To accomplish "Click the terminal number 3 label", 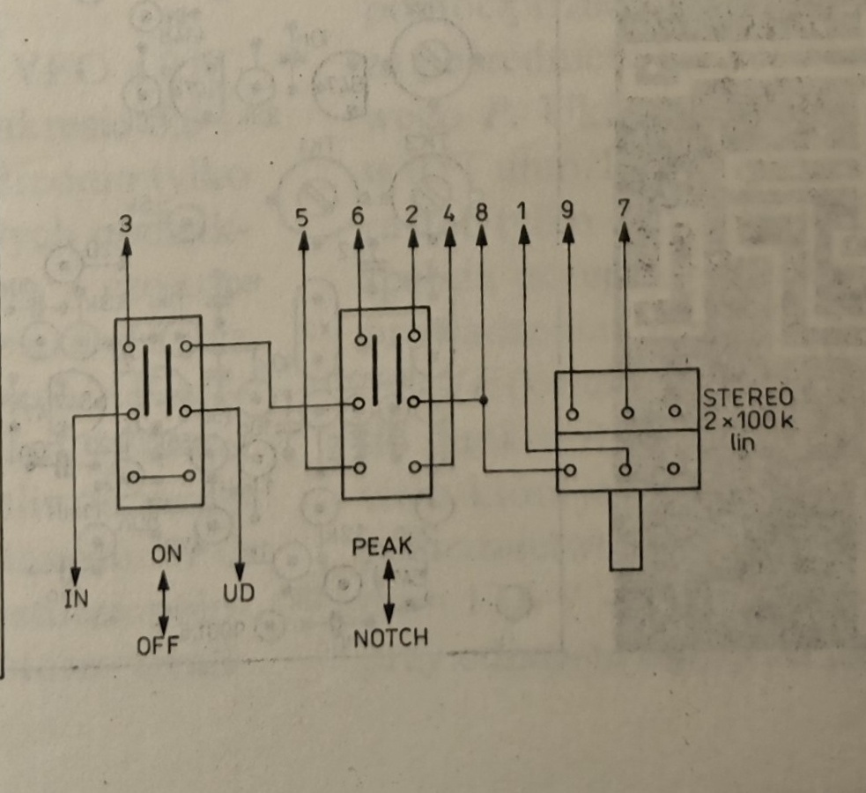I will (126, 223).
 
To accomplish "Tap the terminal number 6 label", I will (358, 214).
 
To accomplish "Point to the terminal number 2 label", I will (411, 214).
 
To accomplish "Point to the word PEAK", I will (381, 546).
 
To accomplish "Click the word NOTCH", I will (390, 637).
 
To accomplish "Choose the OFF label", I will (158, 645).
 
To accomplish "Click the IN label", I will (76, 599).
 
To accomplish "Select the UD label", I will (238, 593).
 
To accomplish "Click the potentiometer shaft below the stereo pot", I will (625, 530).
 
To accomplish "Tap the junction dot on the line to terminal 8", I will (484, 401).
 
